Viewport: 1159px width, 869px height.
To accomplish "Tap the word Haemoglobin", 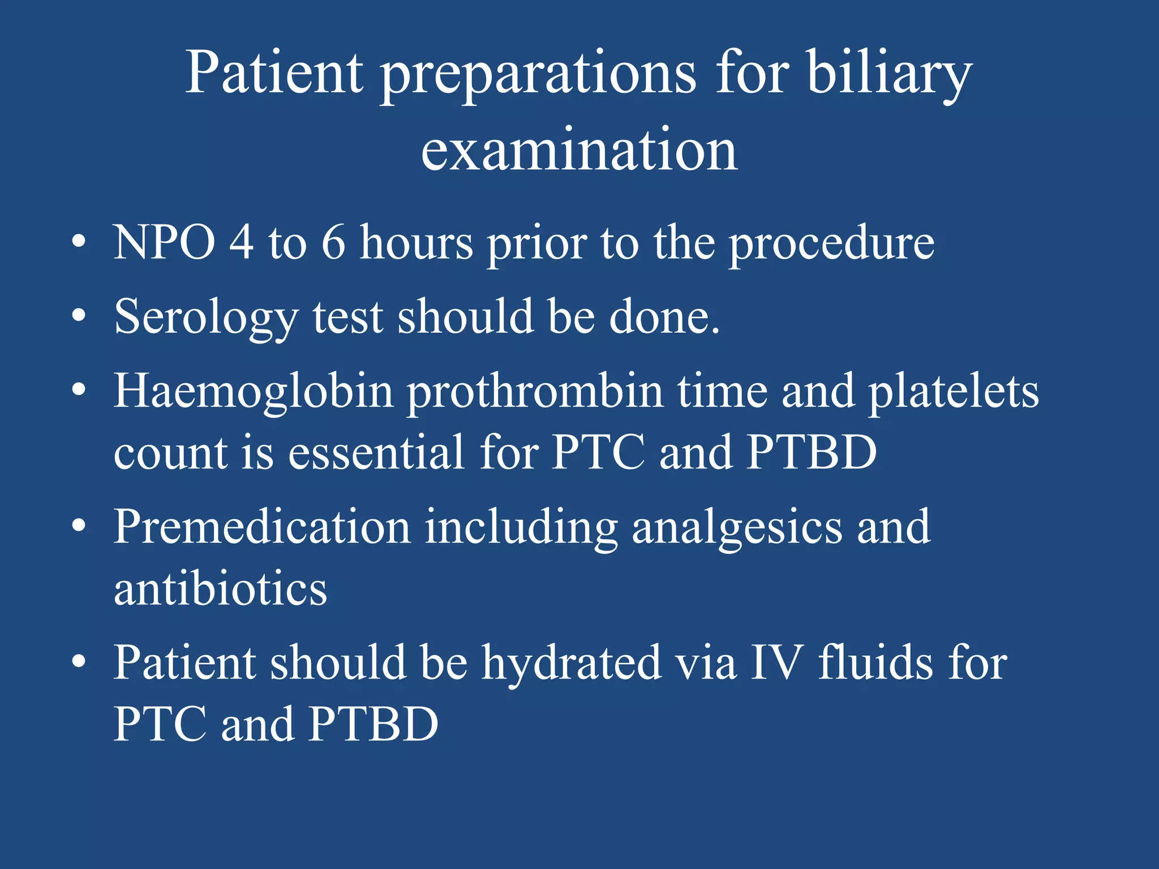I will click(253, 392).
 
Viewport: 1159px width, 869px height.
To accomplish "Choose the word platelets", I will click(954, 392).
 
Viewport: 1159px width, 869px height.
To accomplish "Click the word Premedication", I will click(262, 527).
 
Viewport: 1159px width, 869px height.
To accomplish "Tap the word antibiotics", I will click(220, 588).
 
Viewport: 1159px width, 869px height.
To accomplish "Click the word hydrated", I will click(571, 663).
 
